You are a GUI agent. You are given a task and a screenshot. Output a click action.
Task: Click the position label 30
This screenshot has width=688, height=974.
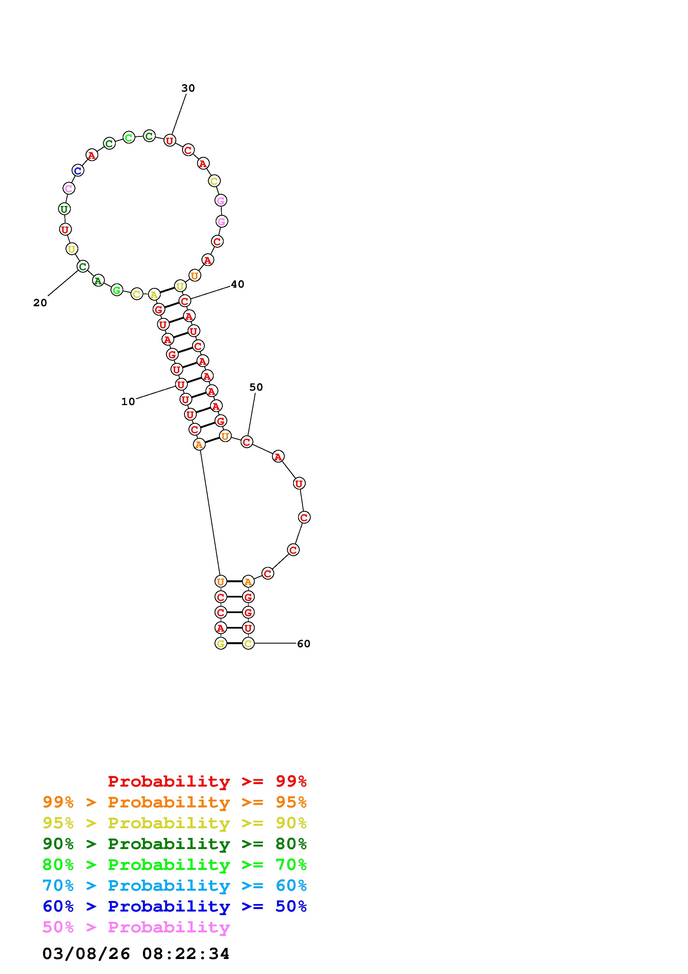(x=188, y=88)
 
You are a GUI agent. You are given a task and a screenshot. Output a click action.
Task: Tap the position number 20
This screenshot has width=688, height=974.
(x=40, y=303)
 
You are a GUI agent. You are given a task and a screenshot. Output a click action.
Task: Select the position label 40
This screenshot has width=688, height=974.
(x=237, y=284)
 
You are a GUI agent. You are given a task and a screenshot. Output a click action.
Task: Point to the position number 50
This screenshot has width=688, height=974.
(x=256, y=387)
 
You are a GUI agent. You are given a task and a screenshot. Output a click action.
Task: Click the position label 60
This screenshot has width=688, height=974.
(x=304, y=644)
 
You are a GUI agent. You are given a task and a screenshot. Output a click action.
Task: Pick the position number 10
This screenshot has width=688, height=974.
(x=128, y=402)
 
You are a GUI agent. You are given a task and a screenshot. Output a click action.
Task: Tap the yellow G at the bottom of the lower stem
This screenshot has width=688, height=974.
(x=220, y=644)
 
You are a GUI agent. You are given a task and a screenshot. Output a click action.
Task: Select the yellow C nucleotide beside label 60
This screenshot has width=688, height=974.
(x=248, y=644)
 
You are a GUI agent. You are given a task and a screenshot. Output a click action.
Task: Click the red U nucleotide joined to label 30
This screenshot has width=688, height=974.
(x=170, y=140)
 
